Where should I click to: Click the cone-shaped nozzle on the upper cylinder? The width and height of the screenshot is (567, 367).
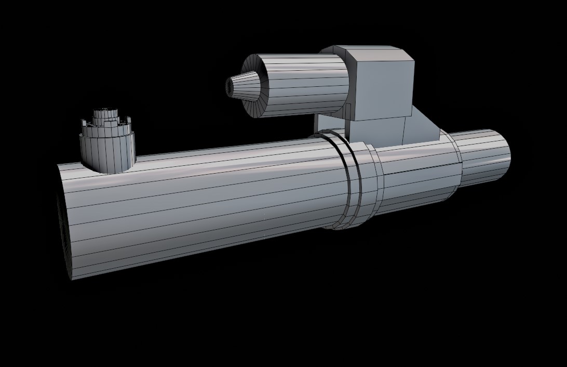(245, 86)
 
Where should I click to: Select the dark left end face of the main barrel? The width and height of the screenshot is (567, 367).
(63, 234)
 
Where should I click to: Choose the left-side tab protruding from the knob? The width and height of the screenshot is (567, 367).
(83, 123)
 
